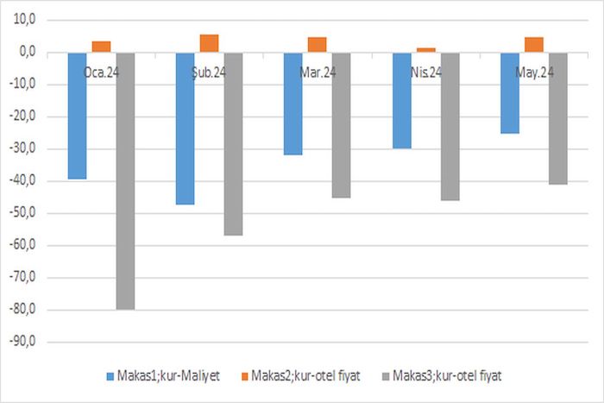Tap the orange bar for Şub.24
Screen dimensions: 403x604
click(x=209, y=43)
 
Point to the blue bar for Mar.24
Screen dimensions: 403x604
click(x=293, y=104)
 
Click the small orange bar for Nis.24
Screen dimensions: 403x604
click(x=426, y=49)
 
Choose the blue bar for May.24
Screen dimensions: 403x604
click(x=510, y=92)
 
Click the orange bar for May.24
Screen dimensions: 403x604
click(x=534, y=44)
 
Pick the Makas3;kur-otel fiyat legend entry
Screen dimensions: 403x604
click(x=447, y=377)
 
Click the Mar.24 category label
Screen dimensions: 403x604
click(x=318, y=73)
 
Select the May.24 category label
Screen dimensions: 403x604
click(x=535, y=73)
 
